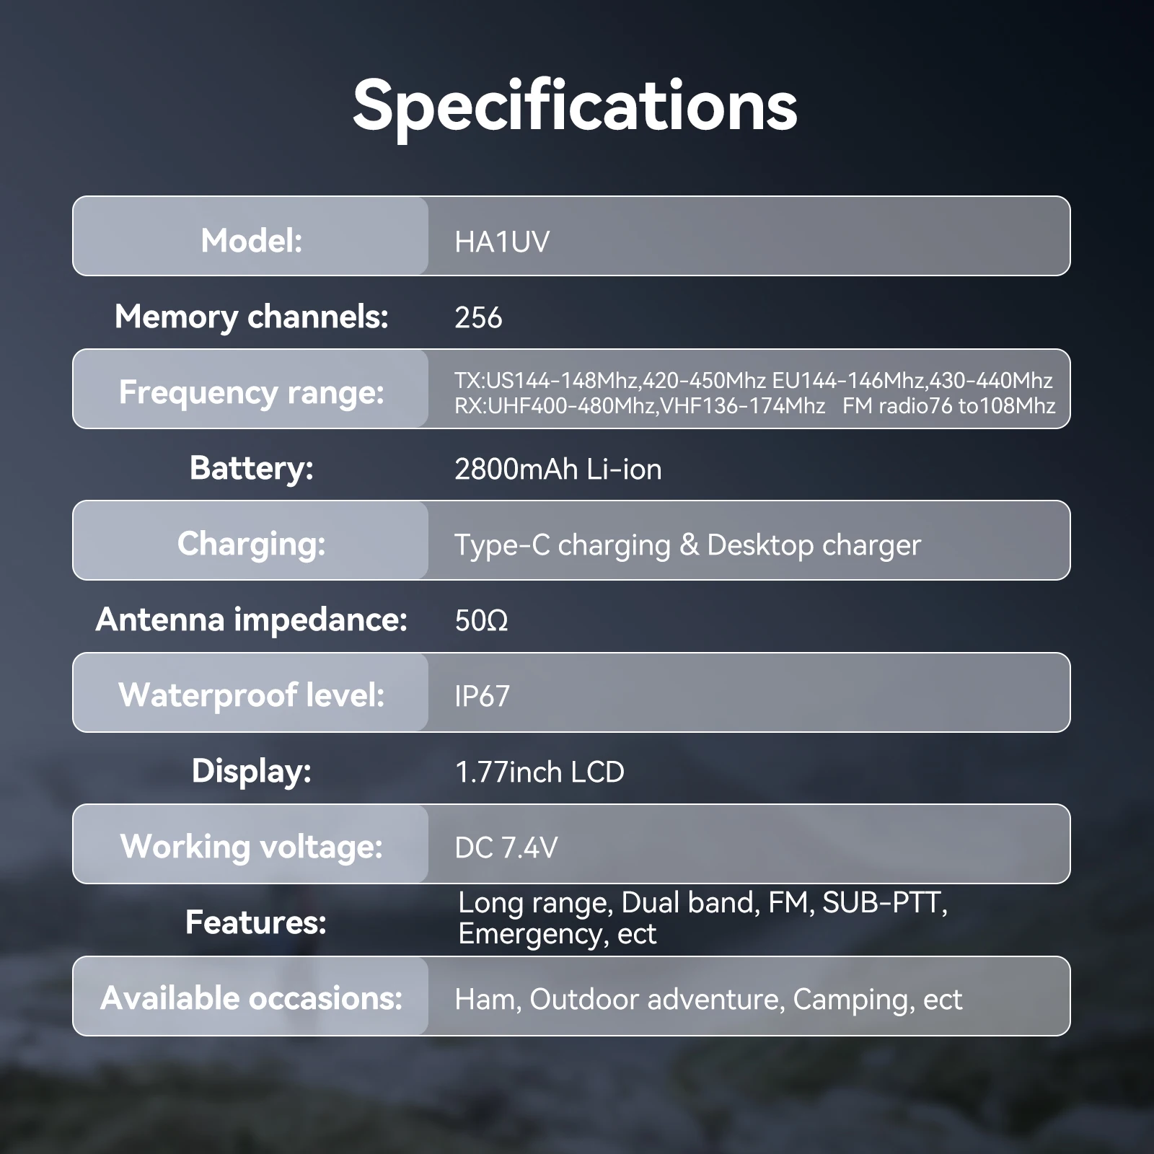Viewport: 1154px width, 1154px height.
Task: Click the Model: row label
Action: tap(252, 241)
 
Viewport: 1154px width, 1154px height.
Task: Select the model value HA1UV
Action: tap(502, 242)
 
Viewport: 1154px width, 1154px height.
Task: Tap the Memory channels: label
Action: tap(252, 317)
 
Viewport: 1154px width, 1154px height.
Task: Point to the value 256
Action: tap(478, 318)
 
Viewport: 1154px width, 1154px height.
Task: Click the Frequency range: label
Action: tap(252, 393)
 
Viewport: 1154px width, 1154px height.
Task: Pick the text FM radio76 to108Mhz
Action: tap(948, 406)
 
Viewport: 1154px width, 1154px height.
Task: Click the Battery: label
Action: tap(252, 469)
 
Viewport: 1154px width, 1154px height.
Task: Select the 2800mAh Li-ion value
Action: tap(558, 470)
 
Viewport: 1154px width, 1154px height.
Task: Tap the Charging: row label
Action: tap(252, 545)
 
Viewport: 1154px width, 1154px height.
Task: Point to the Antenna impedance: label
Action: tap(252, 620)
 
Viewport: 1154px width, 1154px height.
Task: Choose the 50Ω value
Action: tap(481, 621)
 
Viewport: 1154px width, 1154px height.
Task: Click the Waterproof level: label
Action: tap(252, 696)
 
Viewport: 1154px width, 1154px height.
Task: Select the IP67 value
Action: tap(482, 697)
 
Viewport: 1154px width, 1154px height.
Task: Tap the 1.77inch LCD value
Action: tap(539, 772)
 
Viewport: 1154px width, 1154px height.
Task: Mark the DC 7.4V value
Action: tap(506, 848)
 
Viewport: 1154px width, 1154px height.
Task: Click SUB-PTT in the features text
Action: tap(884, 903)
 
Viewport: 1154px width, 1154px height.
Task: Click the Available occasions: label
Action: tap(252, 999)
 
